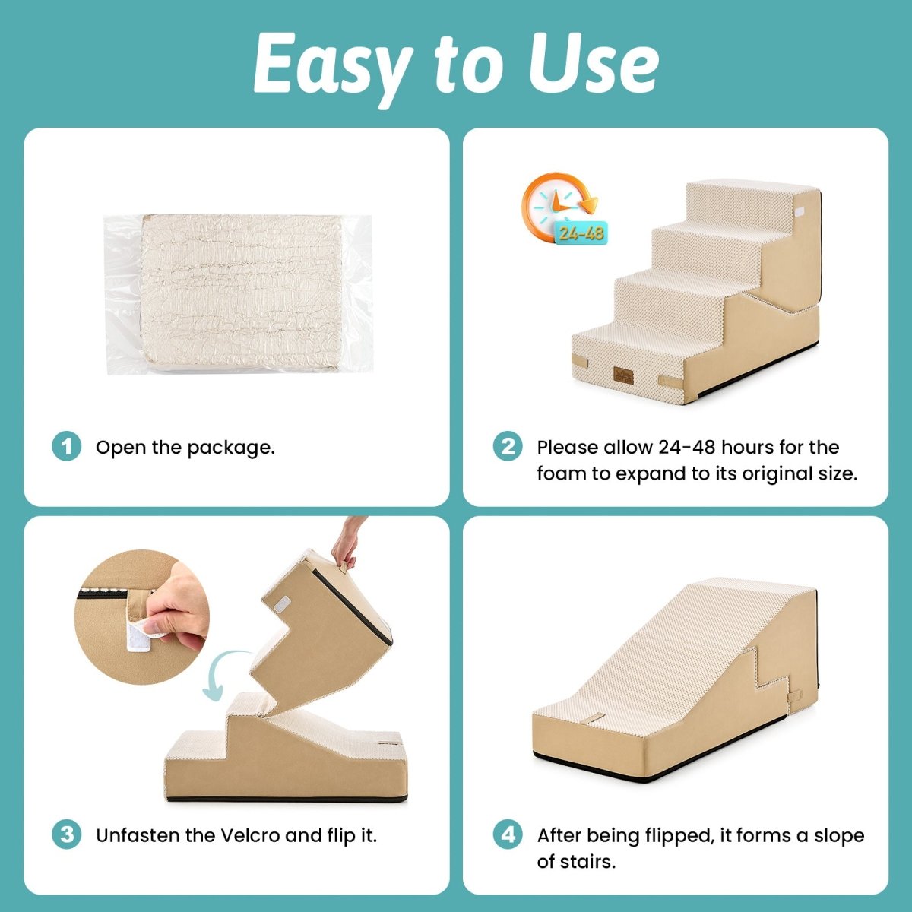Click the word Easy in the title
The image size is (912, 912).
pyautogui.click(x=332, y=67)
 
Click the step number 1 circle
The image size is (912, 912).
pyautogui.click(x=67, y=446)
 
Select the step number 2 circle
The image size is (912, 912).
pyautogui.click(x=508, y=446)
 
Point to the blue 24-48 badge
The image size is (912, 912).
pyautogui.click(x=581, y=233)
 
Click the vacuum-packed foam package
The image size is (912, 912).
pyautogui.click(x=238, y=294)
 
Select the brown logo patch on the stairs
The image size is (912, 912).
pyautogui.click(x=623, y=375)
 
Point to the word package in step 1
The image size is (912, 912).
pyautogui.click(x=230, y=448)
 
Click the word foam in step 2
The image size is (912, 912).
pyautogui.click(x=562, y=473)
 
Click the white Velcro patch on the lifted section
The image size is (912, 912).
pyautogui.click(x=283, y=603)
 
